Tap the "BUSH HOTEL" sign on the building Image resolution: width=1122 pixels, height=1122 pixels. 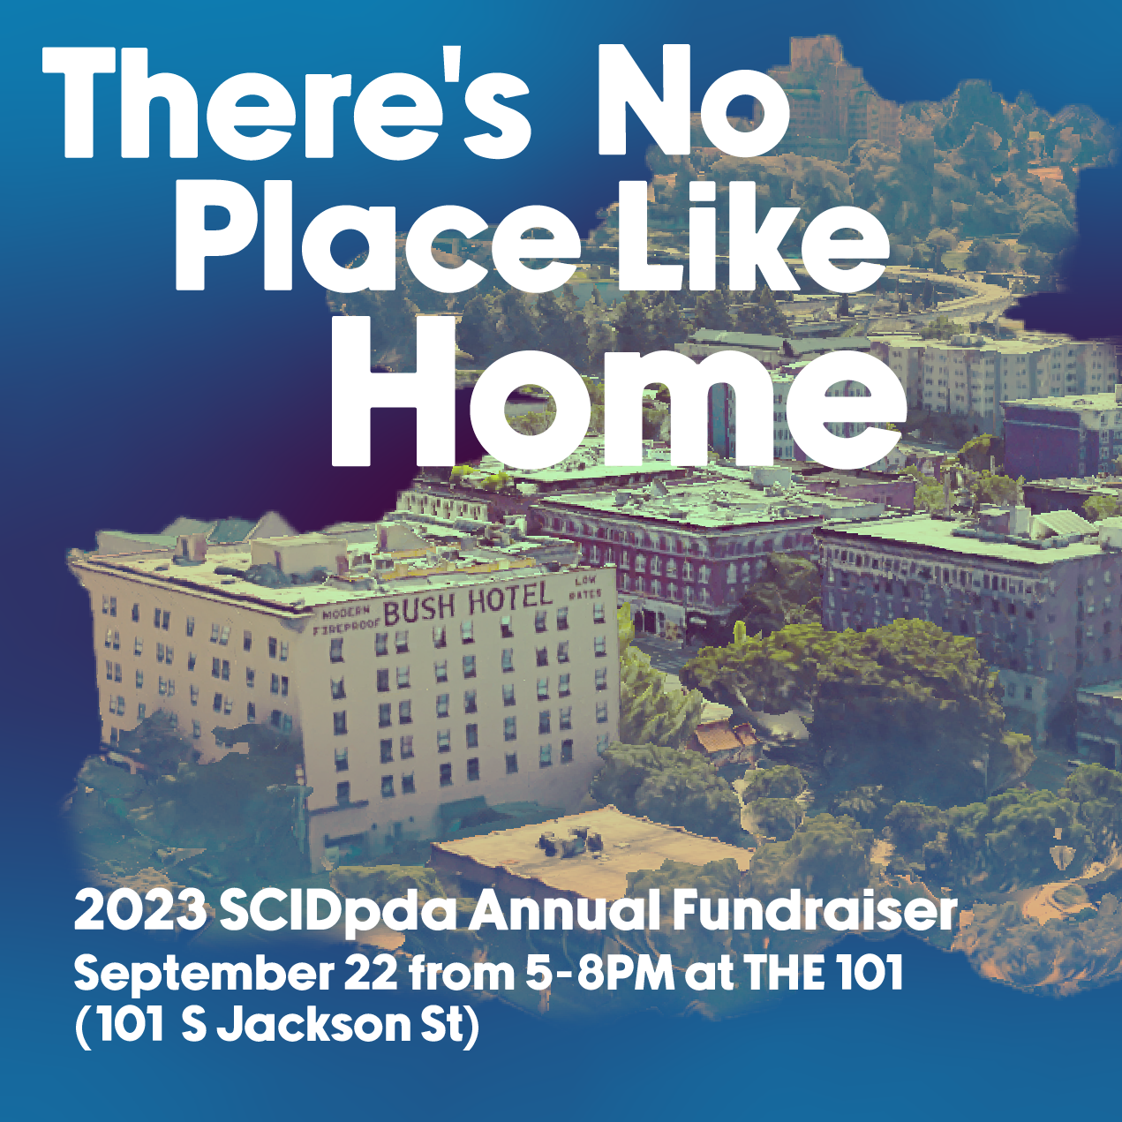pos(468,602)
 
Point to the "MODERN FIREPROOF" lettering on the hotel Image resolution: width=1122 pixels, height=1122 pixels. pos(346,621)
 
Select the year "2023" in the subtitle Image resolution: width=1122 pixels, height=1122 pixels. pos(140,913)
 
